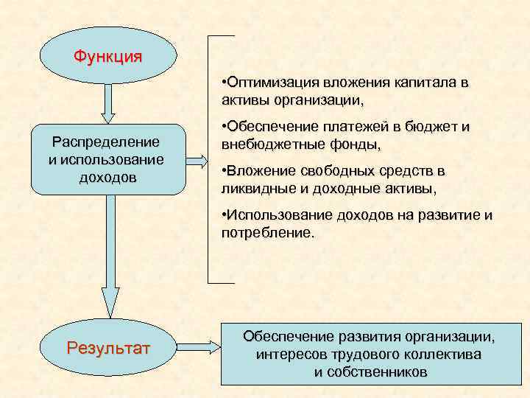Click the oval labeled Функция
[x=108, y=56]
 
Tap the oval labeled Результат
[x=108, y=346]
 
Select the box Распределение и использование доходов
[x=108, y=159]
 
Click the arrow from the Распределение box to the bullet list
[x=196, y=159]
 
